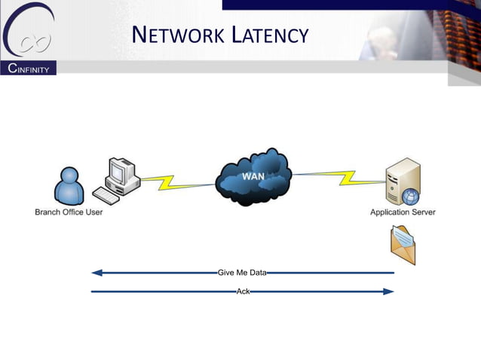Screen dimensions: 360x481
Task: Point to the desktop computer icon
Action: [x=121, y=178]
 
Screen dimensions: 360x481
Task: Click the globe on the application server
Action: [x=410, y=197]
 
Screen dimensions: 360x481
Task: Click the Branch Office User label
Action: [x=69, y=212]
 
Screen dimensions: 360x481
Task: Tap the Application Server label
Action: [x=403, y=212]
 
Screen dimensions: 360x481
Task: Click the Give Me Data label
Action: [x=242, y=273]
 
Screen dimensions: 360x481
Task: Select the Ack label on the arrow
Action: [x=243, y=291]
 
